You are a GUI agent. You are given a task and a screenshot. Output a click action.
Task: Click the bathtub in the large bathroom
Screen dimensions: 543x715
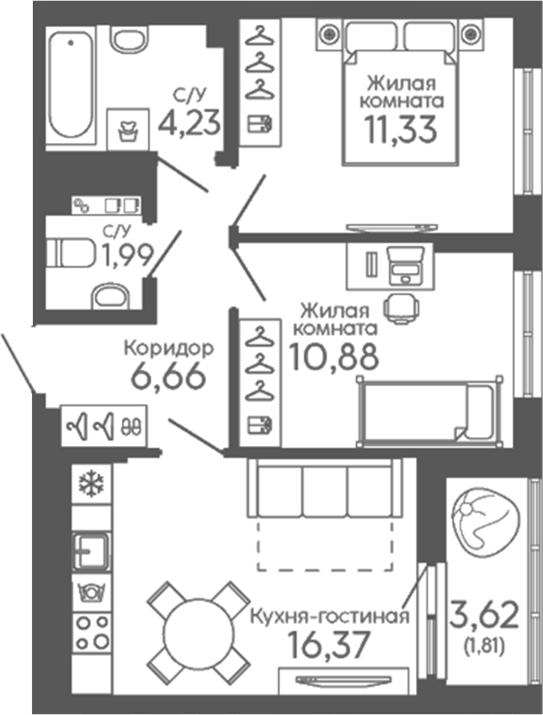(71, 85)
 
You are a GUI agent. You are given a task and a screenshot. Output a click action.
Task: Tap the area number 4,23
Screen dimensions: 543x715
(190, 123)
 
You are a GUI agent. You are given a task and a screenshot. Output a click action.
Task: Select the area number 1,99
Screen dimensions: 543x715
(127, 254)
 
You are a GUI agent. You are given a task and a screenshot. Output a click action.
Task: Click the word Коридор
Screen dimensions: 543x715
(168, 349)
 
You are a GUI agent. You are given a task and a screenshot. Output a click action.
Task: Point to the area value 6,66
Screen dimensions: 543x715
(168, 376)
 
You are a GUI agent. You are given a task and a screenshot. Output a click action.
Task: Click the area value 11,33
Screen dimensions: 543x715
(401, 129)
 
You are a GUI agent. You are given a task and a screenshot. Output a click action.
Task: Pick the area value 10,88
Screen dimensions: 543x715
(335, 356)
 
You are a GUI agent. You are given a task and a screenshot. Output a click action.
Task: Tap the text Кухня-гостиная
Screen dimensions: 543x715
(330, 616)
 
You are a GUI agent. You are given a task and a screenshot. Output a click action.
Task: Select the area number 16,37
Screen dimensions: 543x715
(329, 644)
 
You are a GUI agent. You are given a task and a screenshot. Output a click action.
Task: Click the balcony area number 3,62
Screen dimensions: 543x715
(484, 614)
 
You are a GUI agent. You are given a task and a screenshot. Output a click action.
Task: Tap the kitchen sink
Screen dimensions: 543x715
(91, 551)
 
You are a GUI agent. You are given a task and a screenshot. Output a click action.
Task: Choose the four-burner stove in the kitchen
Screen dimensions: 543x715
(92, 632)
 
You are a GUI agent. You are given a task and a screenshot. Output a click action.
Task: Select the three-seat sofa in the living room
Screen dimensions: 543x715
(324, 488)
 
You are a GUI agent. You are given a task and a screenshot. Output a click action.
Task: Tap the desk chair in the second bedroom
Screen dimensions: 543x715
(401, 309)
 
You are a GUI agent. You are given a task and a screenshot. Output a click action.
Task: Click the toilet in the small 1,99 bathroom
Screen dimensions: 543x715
(73, 253)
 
